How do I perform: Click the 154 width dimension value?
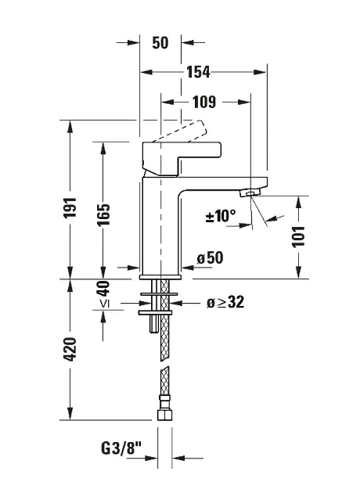198,72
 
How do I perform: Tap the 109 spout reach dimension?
204,102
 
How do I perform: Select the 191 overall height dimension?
70,207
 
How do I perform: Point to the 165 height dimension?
103,214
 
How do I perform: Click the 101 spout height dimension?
298,237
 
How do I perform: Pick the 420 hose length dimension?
70,349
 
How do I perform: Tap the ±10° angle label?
221,216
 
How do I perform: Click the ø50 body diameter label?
210,257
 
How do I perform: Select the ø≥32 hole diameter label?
225,302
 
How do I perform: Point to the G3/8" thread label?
121,448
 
